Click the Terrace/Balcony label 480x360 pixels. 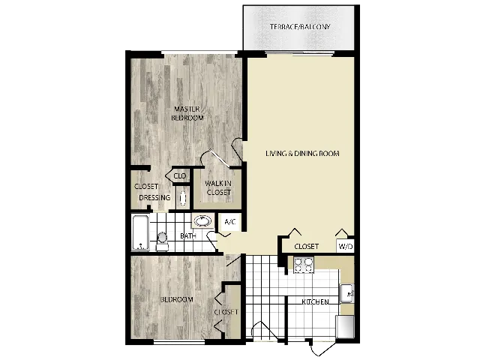[300, 27]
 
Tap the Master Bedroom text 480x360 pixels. [186, 113]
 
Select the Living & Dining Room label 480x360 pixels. [302, 154]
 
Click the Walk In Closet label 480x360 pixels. [218, 187]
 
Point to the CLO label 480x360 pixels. [180, 176]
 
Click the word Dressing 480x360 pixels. [154, 198]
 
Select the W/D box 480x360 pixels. [345, 246]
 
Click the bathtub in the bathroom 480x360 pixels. [140, 232]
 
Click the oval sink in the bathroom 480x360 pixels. [202, 220]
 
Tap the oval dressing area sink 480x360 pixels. [182, 199]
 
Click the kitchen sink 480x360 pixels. [346, 293]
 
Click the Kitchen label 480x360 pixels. [315, 302]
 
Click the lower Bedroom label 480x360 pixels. [176, 299]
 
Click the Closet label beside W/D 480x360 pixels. [306, 246]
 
